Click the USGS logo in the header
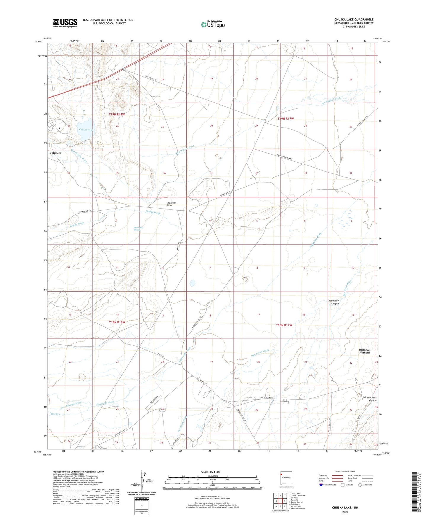pyautogui.click(x=65, y=23)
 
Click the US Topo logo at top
pyautogui.click(x=213, y=24)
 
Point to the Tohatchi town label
pyautogui.click(x=55, y=153)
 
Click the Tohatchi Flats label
pyautogui.click(x=169, y=204)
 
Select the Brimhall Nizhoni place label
pyautogui.click(x=365, y=351)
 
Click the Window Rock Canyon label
pyautogui.click(x=370, y=399)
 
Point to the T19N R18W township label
pyautogui.click(x=118, y=114)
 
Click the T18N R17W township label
pyautogui.click(x=284, y=325)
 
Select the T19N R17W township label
pyautogui.click(x=286, y=119)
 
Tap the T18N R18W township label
pyautogui.click(x=119, y=322)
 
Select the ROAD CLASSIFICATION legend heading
pyautogui.click(x=345, y=471)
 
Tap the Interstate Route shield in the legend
pyautogui.click(x=321, y=485)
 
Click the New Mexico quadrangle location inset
pyautogui.click(x=286, y=479)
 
